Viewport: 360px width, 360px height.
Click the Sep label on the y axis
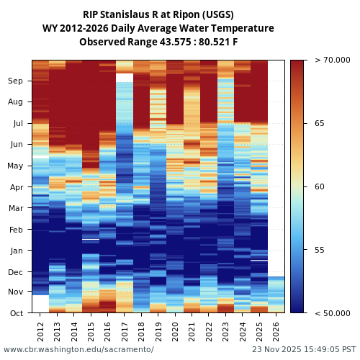click(x=16, y=81)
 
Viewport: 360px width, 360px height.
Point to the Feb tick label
click(x=16, y=230)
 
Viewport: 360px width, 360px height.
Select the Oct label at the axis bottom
click(x=16, y=313)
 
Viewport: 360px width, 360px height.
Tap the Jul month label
click(x=17, y=124)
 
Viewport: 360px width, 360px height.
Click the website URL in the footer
click(x=78, y=349)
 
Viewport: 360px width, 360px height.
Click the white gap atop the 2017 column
click(x=125, y=77)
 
